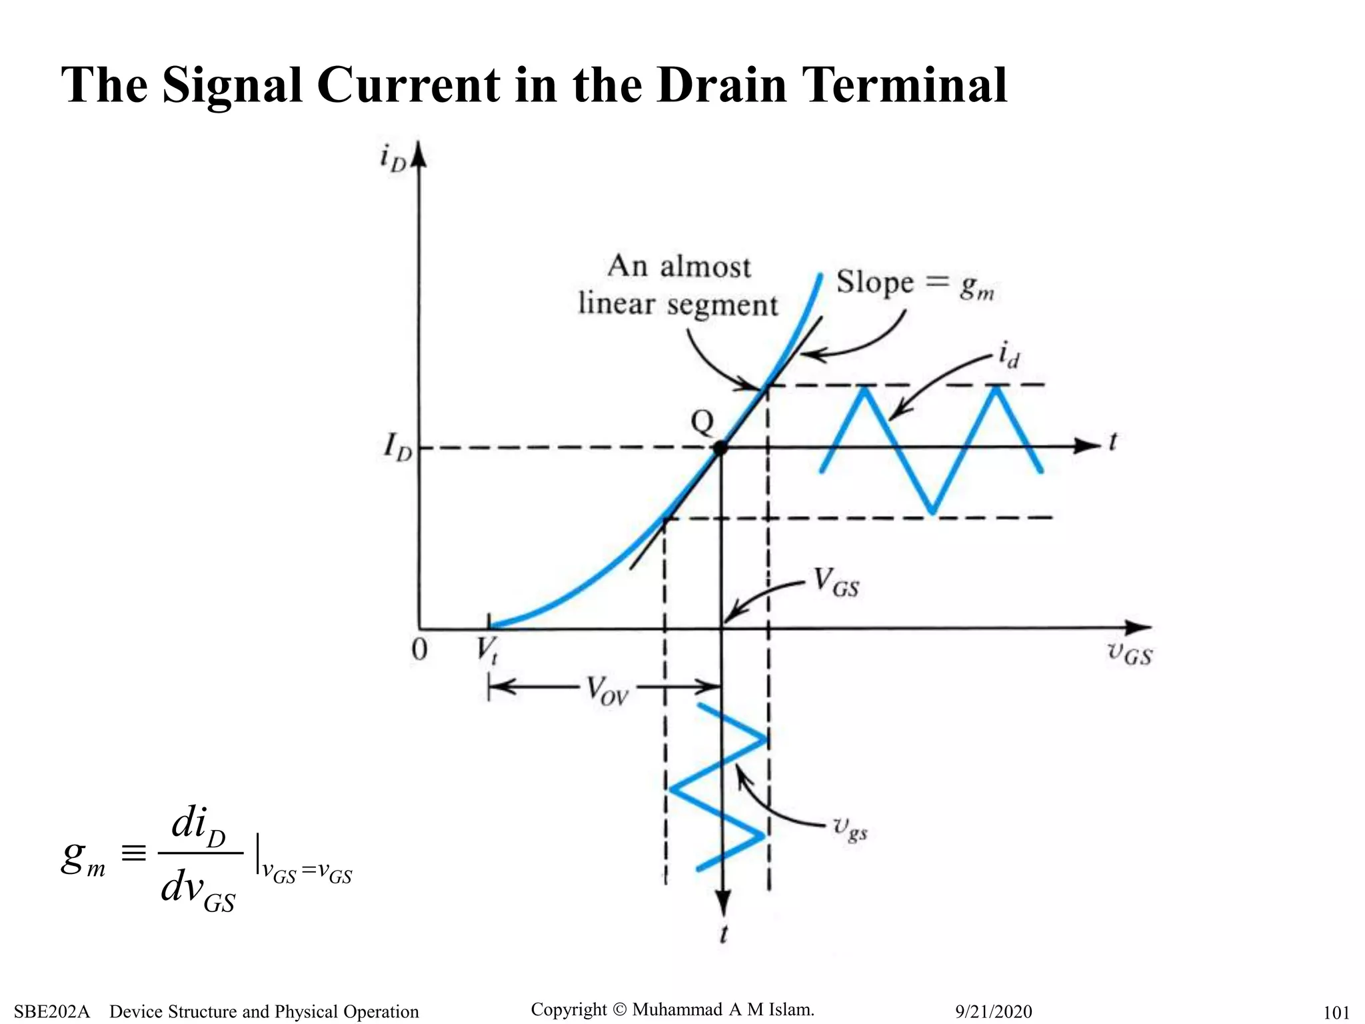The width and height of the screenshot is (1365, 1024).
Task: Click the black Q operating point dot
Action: [720, 448]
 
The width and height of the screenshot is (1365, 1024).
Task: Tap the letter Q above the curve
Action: [702, 421]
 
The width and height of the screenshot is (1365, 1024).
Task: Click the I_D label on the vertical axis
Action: [397, 447]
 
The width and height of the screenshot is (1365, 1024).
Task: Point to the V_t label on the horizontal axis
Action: [487, 650]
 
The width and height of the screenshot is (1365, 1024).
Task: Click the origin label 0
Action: [419, 649]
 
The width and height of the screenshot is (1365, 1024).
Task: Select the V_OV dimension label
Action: [607, 689]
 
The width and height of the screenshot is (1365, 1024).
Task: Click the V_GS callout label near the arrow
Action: [836, 583]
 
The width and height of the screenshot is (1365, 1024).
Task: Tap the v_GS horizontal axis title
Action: [1129, 653]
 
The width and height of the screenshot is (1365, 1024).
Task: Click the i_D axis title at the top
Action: [393, 159]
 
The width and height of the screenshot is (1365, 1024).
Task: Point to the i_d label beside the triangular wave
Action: [1008, 355]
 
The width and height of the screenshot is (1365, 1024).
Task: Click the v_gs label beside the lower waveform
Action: [850, 829]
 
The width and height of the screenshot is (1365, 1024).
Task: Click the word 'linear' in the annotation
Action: [617, 304]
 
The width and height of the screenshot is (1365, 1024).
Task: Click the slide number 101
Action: [1336, 1013]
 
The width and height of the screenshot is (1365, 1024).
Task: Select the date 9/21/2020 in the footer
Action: [993, 1011]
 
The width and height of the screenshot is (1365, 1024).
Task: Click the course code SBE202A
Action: [51, 1011]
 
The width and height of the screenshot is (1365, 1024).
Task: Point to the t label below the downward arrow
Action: [724, 935]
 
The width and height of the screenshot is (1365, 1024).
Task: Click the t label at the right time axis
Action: [1112, 441]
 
